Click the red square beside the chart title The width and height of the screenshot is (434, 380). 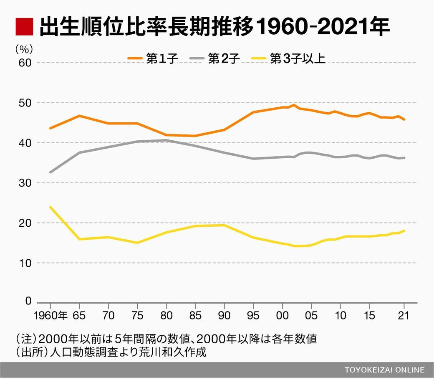tap(24, 27)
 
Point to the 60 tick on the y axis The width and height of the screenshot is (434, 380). tap(25, 63)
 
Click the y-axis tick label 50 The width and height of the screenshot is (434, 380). tap(25, 103)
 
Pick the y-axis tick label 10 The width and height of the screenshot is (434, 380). tap(25, 263)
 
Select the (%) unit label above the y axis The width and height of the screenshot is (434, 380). tap(24, 49)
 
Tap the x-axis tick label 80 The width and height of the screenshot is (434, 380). tap(167, 315)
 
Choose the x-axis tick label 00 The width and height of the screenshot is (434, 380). tap(283, 315)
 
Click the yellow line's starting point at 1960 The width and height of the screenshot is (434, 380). tap(50, 207)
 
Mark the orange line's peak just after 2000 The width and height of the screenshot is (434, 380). tap(294, 105)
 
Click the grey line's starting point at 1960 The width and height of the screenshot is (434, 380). tap(50, 172)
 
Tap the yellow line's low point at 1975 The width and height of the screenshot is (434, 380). tap(137, 243)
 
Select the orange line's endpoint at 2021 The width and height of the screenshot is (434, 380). tap(404, 119)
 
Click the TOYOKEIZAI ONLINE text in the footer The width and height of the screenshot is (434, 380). tap(384, 370)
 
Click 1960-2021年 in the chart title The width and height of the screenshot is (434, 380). tap(322, 27)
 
